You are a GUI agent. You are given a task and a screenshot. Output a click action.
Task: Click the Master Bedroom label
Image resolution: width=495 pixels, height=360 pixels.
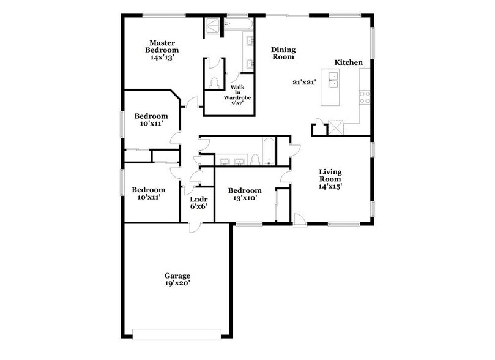pos(162,46)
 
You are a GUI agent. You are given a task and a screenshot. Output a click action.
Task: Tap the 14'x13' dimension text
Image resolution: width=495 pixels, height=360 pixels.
pos(162,57)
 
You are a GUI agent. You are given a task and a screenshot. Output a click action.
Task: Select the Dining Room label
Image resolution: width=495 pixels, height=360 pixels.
pos(283,53)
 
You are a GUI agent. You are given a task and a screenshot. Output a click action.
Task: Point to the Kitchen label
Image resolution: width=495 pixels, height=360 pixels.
pos(348,62)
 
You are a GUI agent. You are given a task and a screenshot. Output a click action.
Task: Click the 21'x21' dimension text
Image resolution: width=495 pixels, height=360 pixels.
pos(303,81)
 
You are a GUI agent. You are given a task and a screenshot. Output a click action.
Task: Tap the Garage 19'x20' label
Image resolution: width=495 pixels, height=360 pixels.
pos(176,280)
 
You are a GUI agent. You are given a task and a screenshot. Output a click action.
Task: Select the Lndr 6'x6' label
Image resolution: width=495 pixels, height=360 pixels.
pos(198,203)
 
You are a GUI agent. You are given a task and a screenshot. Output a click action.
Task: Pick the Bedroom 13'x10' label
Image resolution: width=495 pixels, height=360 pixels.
pos(245,195)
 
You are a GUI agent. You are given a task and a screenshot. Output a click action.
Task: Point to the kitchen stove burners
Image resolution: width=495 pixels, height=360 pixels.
pos(365,97)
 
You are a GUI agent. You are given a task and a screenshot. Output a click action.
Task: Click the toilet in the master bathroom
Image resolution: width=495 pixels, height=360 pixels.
pos(214,84)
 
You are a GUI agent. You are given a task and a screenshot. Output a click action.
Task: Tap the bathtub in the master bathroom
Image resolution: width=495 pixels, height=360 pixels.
pos(239,25)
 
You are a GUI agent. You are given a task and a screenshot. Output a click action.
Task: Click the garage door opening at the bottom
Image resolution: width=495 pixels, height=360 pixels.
pos(177,333)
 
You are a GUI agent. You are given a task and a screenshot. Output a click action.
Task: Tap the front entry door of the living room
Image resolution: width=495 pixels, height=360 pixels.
pos(300,219)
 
